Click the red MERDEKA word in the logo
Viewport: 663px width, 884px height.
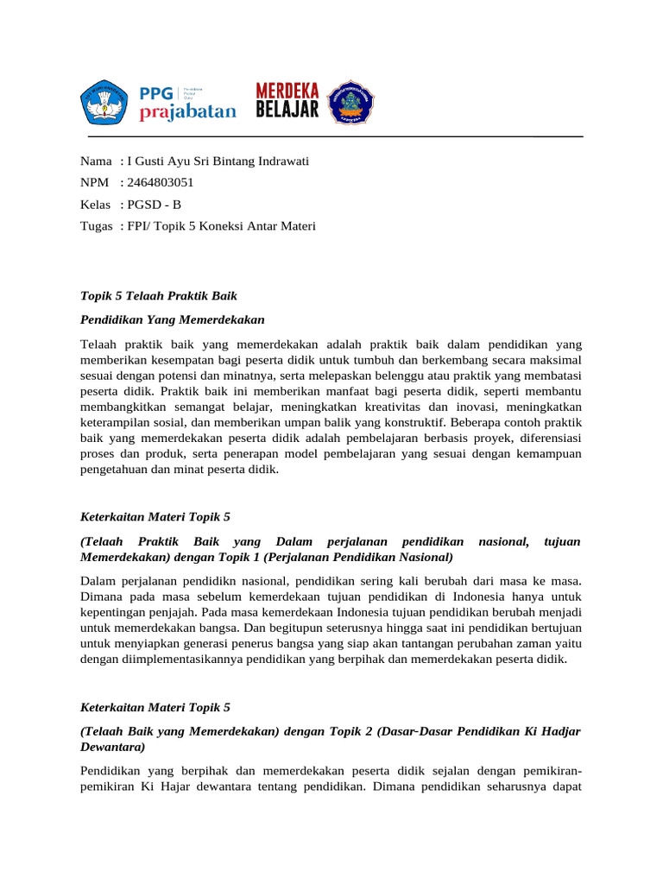[287, 91]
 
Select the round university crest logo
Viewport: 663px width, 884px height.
[351, 102]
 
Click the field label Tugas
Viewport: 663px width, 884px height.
[96, 226]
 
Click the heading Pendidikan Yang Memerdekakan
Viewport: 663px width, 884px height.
[173, 319]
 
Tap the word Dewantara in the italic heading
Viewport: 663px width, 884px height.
[112, 746]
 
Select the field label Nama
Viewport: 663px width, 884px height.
[96, 161]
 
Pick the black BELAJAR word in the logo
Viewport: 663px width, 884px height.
[287, 110]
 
